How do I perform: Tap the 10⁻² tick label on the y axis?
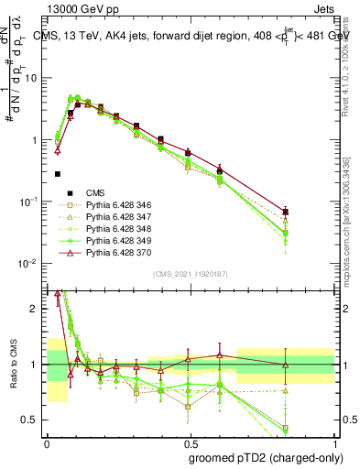[31, 264]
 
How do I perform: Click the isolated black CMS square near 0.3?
[58, 173]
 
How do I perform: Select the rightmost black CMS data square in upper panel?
[286, 213]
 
